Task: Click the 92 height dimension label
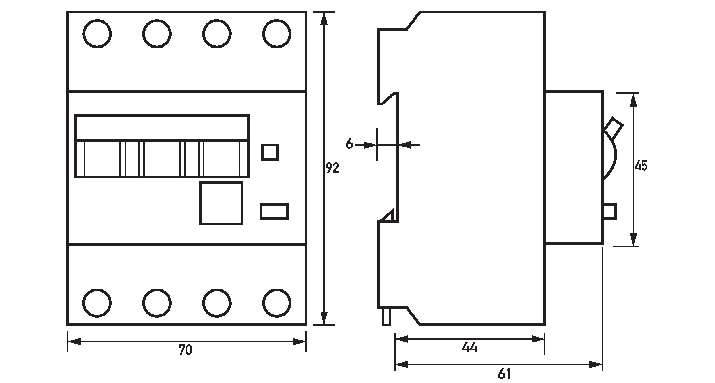pyautogui.click(x=332, y=168)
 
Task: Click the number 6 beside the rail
pyautogui.click(x=349, y=143)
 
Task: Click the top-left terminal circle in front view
pyautogui.click(x=97, y=34)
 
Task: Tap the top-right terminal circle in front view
pyautogui.click(x=277, y=34)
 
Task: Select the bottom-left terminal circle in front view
pyautogui.click(x=97, y=303)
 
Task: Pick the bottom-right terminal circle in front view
pyautogui.click(x=277, y=303)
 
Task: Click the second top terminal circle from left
pyautogui.click(x=157, y=34)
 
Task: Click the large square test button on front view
pyautogui.click(x=221, y=203)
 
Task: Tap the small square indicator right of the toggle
pyautogui.click(x=270, y=152)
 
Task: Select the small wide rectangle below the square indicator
pyautogui.click(x=274, y=212)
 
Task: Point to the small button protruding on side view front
pyautogui.click(x=610, y=212)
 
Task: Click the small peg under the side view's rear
pyautogui.click(x=387, y=316)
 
